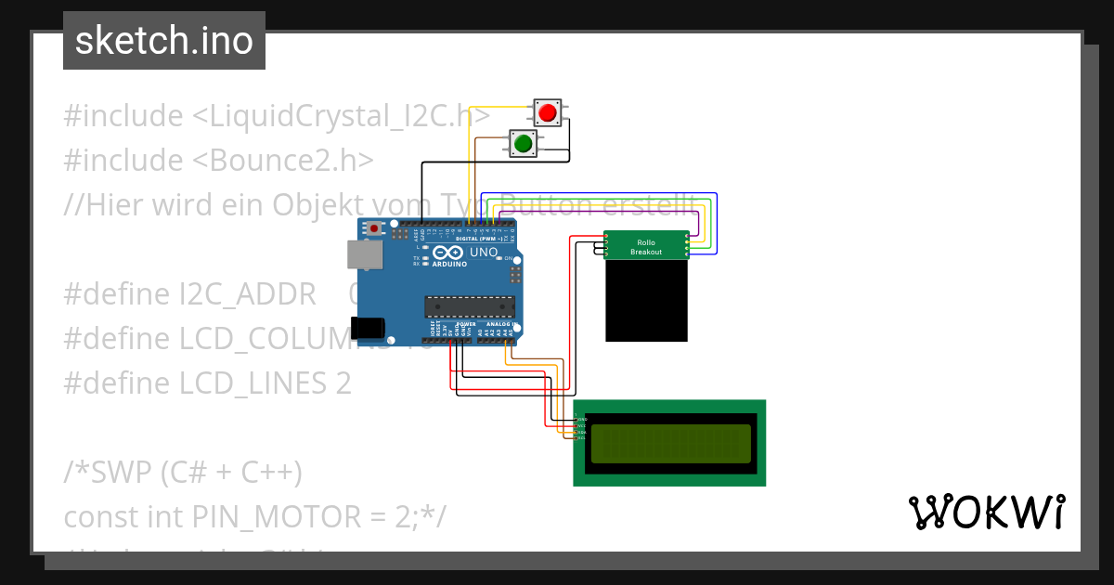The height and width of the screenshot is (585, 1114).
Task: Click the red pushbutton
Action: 547,113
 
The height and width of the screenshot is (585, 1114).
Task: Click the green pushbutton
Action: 523,143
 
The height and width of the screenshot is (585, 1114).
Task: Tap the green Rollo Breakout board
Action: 646,246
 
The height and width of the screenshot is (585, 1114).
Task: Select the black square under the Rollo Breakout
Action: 647,301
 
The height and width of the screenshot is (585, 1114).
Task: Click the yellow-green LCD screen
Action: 669,444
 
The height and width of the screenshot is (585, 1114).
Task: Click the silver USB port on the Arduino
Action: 363,255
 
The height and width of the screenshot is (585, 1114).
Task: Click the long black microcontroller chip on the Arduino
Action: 470,306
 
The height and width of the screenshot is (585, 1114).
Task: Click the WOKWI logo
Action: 986,513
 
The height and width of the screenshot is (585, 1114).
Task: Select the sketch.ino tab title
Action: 164,41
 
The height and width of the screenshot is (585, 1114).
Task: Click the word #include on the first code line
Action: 123,117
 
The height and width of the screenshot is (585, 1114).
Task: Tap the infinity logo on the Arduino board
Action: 447,253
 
